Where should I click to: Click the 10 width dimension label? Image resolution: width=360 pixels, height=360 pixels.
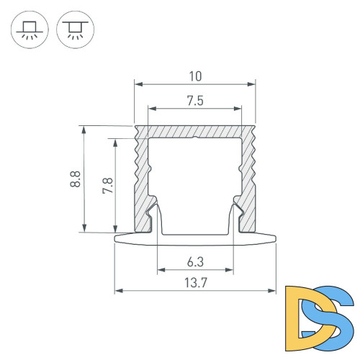click(x=195, y=75)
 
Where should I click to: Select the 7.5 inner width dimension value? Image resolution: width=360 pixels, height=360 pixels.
click(x=195, y=101)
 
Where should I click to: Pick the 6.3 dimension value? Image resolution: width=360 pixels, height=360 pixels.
click(x=195, y=261)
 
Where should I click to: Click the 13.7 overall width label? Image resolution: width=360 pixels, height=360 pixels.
click(x=195, y=283)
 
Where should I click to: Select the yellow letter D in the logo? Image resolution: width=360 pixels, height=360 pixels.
click(x=302, y=313)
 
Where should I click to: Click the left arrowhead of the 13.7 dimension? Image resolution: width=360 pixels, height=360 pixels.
click(x=119, y=292)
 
